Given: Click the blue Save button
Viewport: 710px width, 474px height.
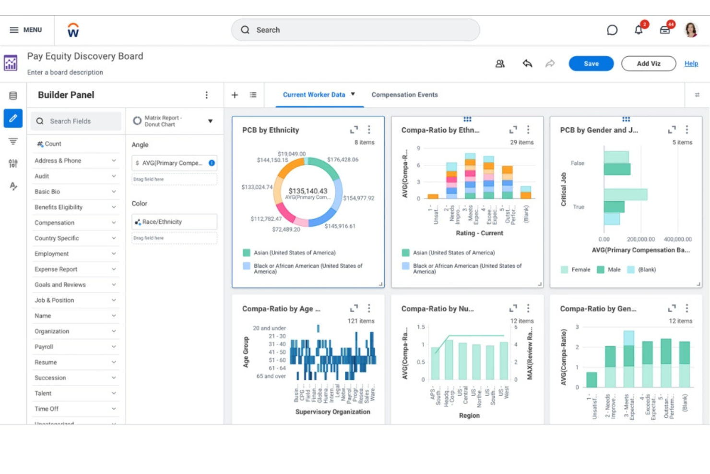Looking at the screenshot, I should [x=591, y=63].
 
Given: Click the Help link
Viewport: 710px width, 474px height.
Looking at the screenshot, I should [x=691, y=63].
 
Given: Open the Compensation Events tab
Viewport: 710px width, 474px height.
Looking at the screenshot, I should [x=404, y=95].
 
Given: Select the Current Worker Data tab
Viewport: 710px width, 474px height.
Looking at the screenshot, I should [x=314, y=95].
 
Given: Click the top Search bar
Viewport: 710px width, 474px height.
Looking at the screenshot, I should [x=355, y=30].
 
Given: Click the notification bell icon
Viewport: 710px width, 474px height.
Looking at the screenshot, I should [x=639, y=30].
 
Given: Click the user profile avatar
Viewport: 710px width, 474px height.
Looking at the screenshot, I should [x=691, y=30].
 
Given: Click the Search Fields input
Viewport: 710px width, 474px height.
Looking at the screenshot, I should [x=76, y=121].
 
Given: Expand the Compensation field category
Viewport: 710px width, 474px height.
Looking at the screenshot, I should [x=74, y=223].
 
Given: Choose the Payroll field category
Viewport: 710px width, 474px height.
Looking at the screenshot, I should [x=74, y=347].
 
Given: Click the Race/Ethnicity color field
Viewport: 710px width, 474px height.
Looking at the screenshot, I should [x=174, y=222].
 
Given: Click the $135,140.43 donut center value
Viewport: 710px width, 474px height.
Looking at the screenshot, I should [x=308, y=191].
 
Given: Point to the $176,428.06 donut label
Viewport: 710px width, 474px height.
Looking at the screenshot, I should [x=343, y=159].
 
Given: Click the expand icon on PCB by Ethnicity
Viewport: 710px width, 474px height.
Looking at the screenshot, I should [x=354, y=130].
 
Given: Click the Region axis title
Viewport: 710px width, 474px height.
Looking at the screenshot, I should [x=469, y=415].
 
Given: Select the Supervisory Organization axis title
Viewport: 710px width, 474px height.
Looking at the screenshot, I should [x=332, y=412].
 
